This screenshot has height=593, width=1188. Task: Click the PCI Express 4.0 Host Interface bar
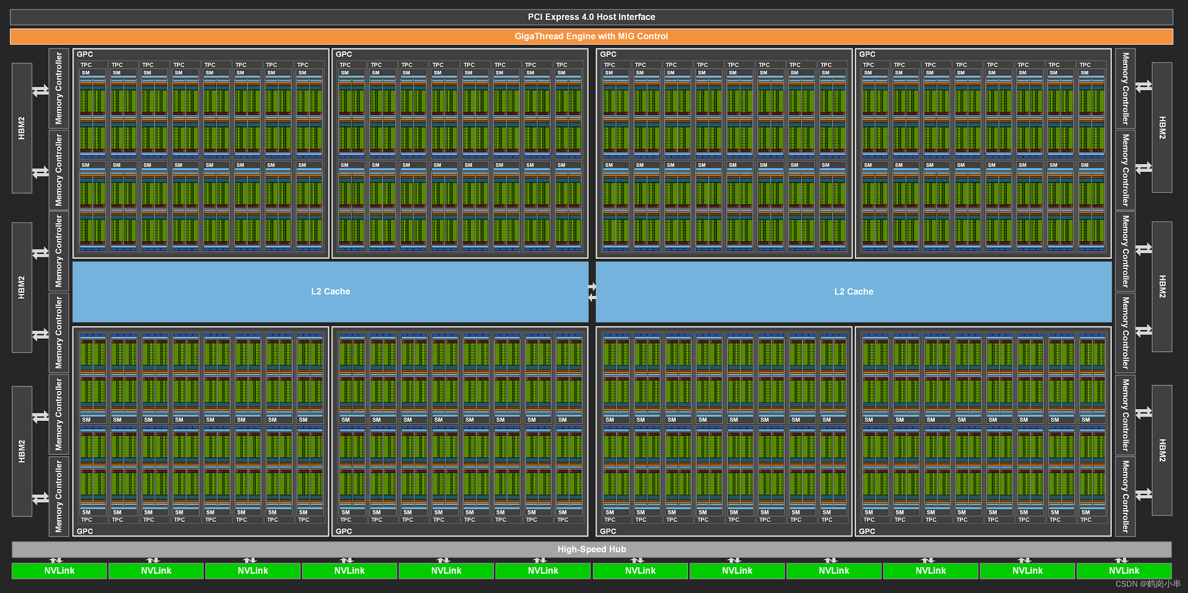[x=591, y=17]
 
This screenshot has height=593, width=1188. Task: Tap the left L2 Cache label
[x=330, y=291]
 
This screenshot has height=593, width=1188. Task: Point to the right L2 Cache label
[x=854, y=291]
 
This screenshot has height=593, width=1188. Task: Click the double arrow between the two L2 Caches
[x=592, y=292]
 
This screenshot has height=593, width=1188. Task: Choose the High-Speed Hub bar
[x=592, y=550]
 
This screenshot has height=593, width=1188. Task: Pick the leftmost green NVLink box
[x=59, y=571]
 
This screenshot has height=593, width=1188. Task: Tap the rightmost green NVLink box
[x=1124, y=571]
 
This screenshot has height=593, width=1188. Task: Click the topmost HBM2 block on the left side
[x=22, y=128]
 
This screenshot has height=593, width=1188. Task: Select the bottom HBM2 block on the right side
[x=1162, y=450]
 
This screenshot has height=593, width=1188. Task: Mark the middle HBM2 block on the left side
[x=22, y=287]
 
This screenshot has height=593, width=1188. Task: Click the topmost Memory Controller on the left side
[x=59, y=88]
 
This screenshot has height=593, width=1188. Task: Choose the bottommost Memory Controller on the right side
[x=1125, y=496]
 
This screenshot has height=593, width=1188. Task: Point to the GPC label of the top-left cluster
[x=85, y=54]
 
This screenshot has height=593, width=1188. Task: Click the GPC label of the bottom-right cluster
[x=867, y=531]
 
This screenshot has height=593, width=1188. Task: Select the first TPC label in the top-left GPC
[x=86, y=65]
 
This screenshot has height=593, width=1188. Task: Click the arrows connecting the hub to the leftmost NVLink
[x=56, y=560]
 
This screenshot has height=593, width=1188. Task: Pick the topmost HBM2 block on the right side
[x=1162, y=128]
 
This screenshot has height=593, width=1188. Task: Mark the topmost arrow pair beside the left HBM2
[x=41, y=90]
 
